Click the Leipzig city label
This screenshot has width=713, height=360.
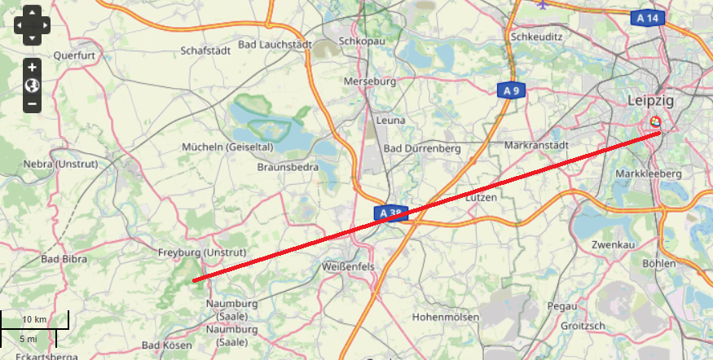pos(650,100)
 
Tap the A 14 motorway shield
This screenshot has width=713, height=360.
pos(648,17)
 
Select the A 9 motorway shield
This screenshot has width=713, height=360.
pos(511,90)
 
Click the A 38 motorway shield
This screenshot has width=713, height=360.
pos(392,213)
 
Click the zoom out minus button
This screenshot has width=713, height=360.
pos(32,103)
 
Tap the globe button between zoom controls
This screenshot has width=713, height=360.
pos(32,86)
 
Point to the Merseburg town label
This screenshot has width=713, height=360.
pos(369,82)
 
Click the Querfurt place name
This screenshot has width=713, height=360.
pos(74,55)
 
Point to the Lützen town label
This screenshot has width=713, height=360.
pos(481,197)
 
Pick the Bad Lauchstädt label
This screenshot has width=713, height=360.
pos(275,44)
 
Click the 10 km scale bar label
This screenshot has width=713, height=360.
pos(34,318)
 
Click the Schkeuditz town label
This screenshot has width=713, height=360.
pos(537,37)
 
